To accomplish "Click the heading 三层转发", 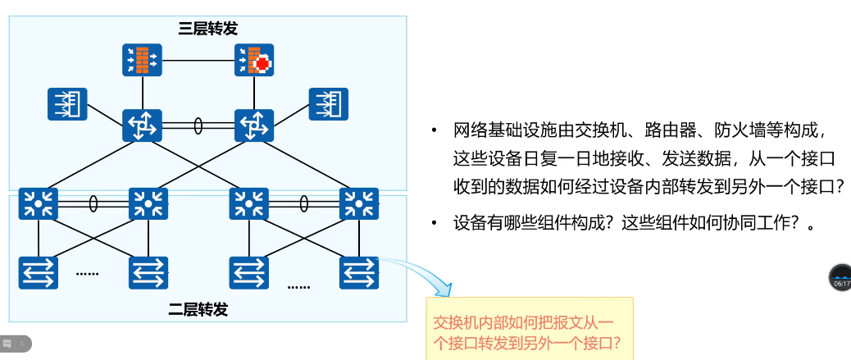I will (x=208, y=29).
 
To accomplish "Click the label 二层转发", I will (x=198, y=309).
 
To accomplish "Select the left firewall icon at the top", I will (x=142, y=60).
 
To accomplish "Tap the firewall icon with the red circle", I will (x=255, y=60).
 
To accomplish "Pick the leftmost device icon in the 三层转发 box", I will (x=67, y=104).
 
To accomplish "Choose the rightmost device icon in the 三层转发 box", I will (x=329, y=104).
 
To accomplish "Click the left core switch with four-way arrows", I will (x=142, y=125).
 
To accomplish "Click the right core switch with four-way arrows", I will (x=254, y=125).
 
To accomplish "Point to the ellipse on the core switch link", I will (x=198, y=125).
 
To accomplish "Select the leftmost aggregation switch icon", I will (x=39, y=203).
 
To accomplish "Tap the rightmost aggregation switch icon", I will (x=359, y=203).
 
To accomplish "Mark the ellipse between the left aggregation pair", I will (x=93, y=203).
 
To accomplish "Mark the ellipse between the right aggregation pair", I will (x=304, y=203).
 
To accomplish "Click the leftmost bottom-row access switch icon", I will (x=39, y=272).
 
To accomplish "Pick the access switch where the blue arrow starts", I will (x=359, y=272).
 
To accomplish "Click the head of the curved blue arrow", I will (x=446, y=289).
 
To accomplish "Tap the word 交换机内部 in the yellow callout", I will (x=466, y=322).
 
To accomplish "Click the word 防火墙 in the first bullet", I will (x=737, y=130).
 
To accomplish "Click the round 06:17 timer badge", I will (x=841, y=278).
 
